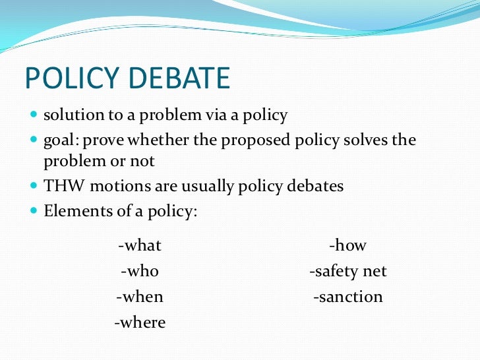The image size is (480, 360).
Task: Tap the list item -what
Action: (140, 246)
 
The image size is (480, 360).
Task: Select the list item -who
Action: (140, 271)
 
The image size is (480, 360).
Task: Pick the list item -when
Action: (140, 297)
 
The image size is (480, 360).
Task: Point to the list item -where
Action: (140, 322)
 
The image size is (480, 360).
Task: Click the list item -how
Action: (347, 246)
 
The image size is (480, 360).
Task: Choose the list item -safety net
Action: (347, 271)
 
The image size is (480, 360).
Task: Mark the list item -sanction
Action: (347, 297)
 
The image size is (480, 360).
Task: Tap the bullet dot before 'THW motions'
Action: (34, 186)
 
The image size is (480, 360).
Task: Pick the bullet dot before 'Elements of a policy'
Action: (34, 212)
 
